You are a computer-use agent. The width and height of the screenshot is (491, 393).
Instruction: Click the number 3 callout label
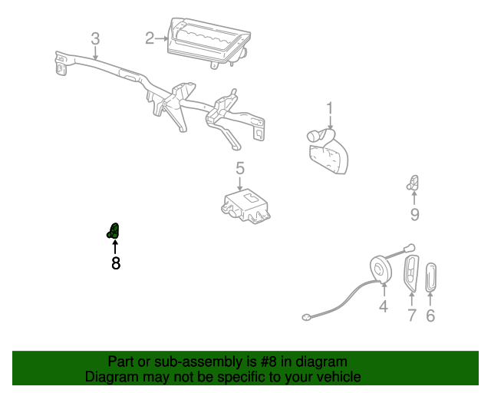tap(95, 38)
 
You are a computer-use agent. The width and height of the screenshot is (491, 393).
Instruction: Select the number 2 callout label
tap(150, 36)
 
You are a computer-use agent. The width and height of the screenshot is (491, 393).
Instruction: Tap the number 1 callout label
tap(331, 108)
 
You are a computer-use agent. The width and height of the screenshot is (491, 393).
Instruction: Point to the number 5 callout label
tap(239, 168)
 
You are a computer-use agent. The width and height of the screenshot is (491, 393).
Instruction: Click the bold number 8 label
tap(116, 263)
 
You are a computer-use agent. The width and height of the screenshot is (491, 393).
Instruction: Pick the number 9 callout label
tap(414, 214)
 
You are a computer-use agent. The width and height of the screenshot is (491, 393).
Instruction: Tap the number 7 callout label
tap(411, 315)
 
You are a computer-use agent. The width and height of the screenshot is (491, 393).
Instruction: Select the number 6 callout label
tap(430, 315)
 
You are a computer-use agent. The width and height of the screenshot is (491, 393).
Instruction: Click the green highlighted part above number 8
tap(114, 230)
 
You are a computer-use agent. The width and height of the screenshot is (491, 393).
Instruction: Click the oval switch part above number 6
tap(430, 276)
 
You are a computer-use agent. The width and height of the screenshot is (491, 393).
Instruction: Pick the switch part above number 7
tap(412, 274)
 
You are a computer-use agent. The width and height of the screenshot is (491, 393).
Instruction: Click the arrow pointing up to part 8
tap(115, 247)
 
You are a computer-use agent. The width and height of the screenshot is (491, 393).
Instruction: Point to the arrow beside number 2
tap(163, 36)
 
